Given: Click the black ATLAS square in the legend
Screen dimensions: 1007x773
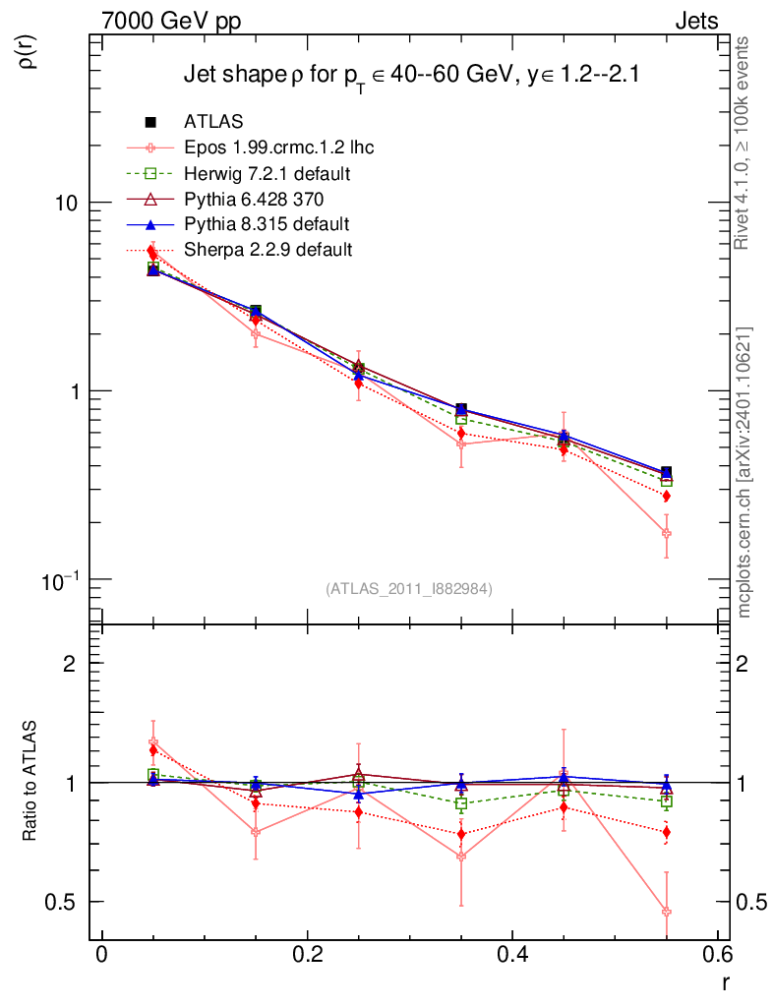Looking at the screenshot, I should click(151, 122).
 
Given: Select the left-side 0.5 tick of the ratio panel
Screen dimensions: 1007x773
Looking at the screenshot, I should click(64, 902).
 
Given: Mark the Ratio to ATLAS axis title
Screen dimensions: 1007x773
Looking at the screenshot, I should click(31, 782).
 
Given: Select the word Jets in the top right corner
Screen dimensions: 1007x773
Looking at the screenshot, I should click(695, 21).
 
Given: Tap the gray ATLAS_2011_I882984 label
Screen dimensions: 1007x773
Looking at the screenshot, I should click(409, 589).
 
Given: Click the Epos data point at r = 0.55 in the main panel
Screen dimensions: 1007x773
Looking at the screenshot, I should click(666, 533).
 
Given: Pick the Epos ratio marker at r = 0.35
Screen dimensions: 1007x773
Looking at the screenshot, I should click(461, 857).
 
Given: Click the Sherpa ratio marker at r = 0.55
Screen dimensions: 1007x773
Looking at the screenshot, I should click(666, 833).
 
